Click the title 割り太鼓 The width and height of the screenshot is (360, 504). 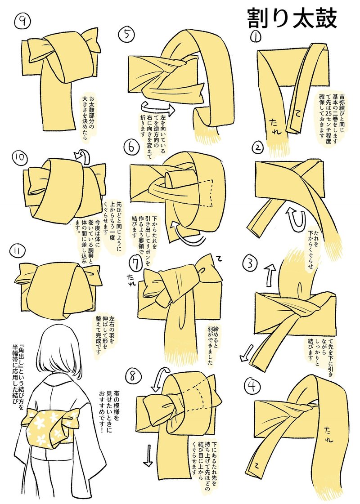(x=292, y=18)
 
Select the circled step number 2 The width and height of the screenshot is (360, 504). (x=257, y=147)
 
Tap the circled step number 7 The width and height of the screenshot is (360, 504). (x=135, y=261)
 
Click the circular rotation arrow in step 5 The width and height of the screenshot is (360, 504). (x=157, y=108)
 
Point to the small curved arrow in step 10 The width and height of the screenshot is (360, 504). (x=82, y=155)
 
